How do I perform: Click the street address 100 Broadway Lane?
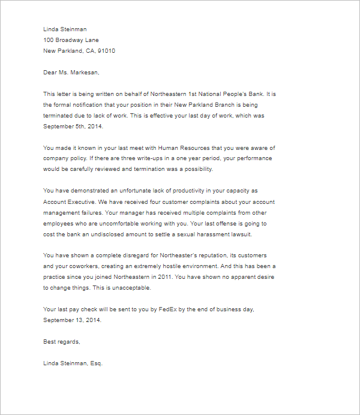(x=71, y=40)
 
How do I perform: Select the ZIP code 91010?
(x=105, y=51)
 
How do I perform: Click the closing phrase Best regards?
(x=61, y=342)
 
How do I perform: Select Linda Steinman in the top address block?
(x=65, y=29)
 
